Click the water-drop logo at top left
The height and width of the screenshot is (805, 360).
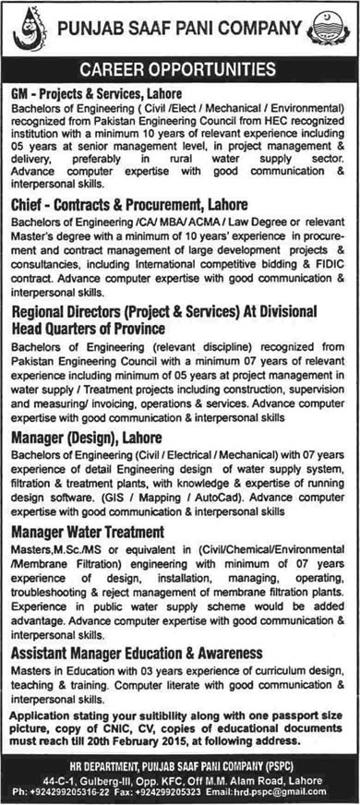30,30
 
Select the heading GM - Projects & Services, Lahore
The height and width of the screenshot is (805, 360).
96,94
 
